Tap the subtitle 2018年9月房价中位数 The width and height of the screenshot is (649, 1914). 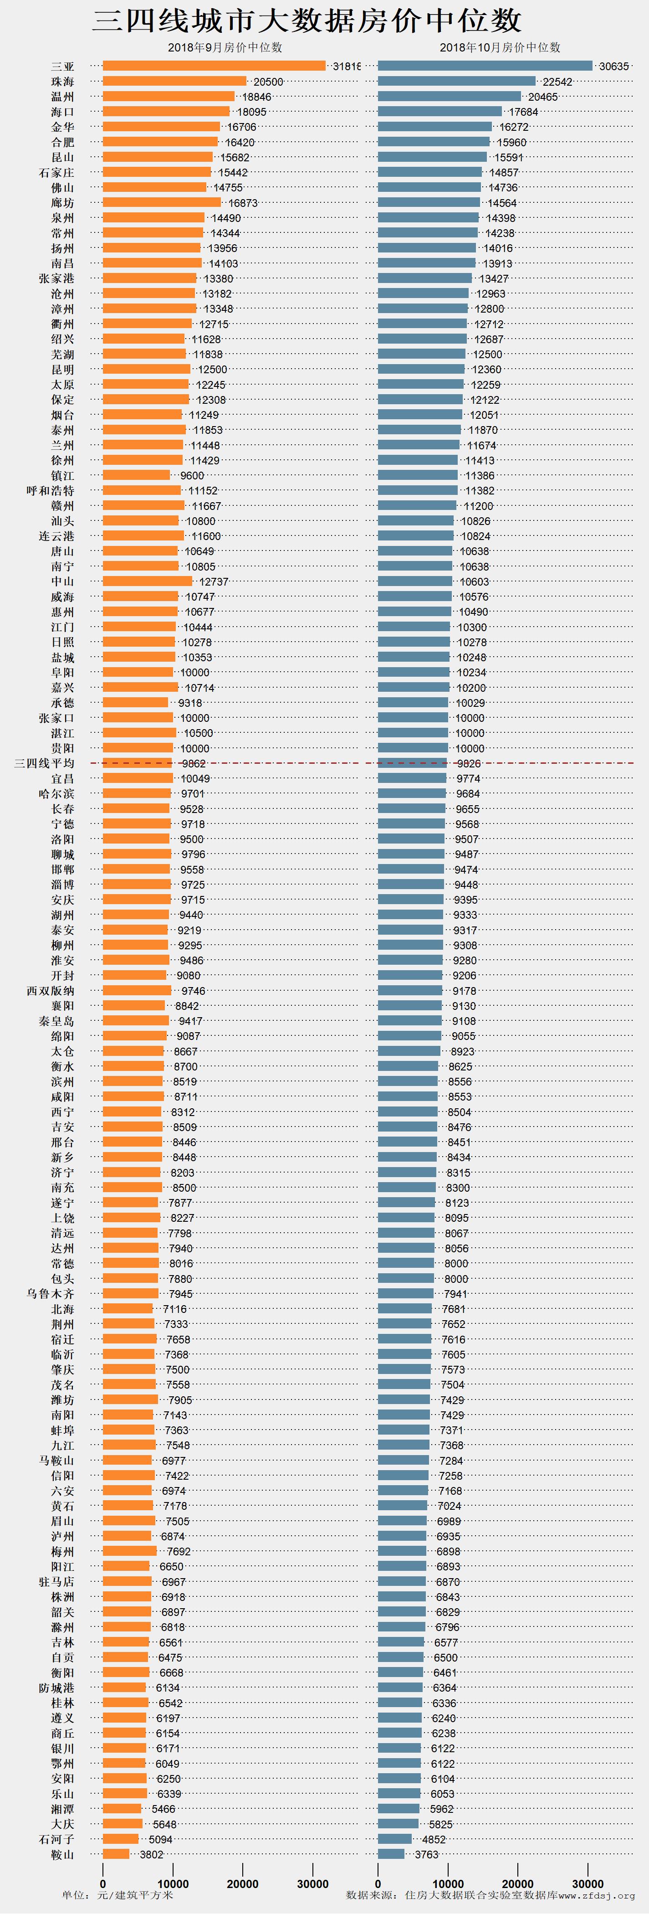pyautogui.click(x=225, y=47)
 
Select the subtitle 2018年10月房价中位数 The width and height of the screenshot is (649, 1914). pyautogui.click(x=500, y=47)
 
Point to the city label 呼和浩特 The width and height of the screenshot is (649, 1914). pyautogui.click(x=51, y=490)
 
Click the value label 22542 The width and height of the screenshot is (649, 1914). pyautogui.click(x=557, y=82)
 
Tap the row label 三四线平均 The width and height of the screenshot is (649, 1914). pyautogui.click(x=45, y=763)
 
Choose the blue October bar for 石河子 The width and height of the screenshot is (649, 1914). pyautogui.click(x=394, y=1839)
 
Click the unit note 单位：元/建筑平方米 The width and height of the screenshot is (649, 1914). pyautogui.click(x=118, y=1895)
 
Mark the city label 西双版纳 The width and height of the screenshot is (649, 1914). pyautogui.click(x=51, y=990)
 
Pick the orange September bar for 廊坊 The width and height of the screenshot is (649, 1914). pyautogui.click(x=161, y=202)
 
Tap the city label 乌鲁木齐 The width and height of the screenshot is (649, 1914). pyautogui.click(x=51, y=1294)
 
